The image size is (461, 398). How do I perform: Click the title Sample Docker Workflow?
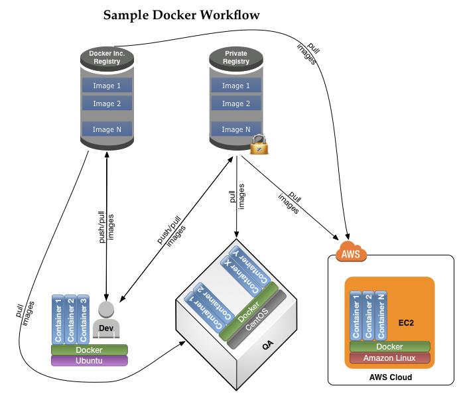click(182, 14)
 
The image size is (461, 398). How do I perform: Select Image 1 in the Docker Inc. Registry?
click(107, 86)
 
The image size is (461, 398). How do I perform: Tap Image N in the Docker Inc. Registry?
click(107, 130)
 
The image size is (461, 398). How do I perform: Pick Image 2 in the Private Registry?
click(236, 103)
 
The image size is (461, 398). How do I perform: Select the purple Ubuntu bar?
click(90, 361)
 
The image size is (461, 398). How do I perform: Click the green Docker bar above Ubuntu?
click(90, 350)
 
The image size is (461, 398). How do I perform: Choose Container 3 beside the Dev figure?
click(83, 319)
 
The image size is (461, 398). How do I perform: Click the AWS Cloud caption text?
click(390, 377)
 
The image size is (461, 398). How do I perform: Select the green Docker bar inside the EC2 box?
click(389, 346)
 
